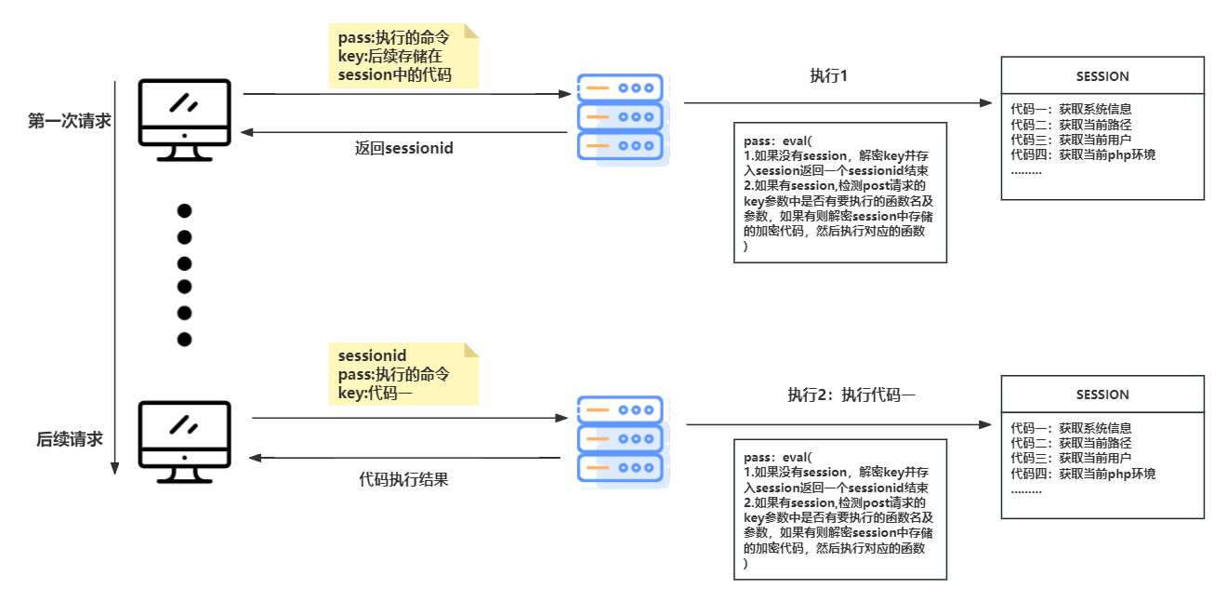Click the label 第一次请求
[70, 121]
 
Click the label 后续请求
[70, 439]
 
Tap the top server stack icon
[621, 117]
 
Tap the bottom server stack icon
[621, 439]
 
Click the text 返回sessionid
[403, 148]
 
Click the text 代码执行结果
[403, 480]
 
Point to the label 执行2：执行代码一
[851, 395]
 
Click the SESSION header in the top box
[1102, 76]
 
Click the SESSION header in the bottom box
[1102, 395]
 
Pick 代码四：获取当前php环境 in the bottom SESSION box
[1083, 474]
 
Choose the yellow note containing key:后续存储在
[403, 57]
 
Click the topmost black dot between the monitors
[184, 210]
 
